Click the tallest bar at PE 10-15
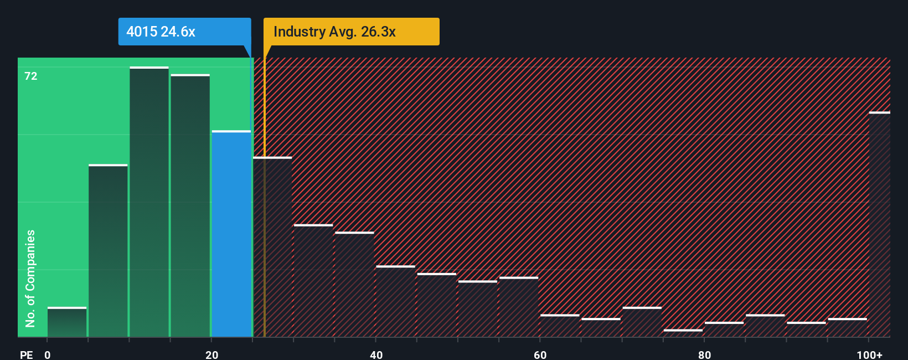pos(149,202)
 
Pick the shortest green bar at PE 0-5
pos(67,322)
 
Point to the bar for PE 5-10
pos(108,250)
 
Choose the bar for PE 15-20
pos(190,205)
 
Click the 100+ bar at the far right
pos(879,224)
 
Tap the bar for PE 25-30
pos(272,247)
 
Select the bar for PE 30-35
pos(313,281)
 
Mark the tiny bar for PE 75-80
pos(683,333)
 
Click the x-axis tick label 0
pos(48,354)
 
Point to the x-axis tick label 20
pos(211,354)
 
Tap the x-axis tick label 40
pos(376,354)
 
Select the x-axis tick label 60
pos(540,354)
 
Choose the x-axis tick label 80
pos(704,354)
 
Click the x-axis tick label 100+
pos(869,354)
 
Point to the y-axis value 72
pos(31,76)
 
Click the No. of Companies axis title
pos(30,278)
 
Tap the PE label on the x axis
pos(26,354)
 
